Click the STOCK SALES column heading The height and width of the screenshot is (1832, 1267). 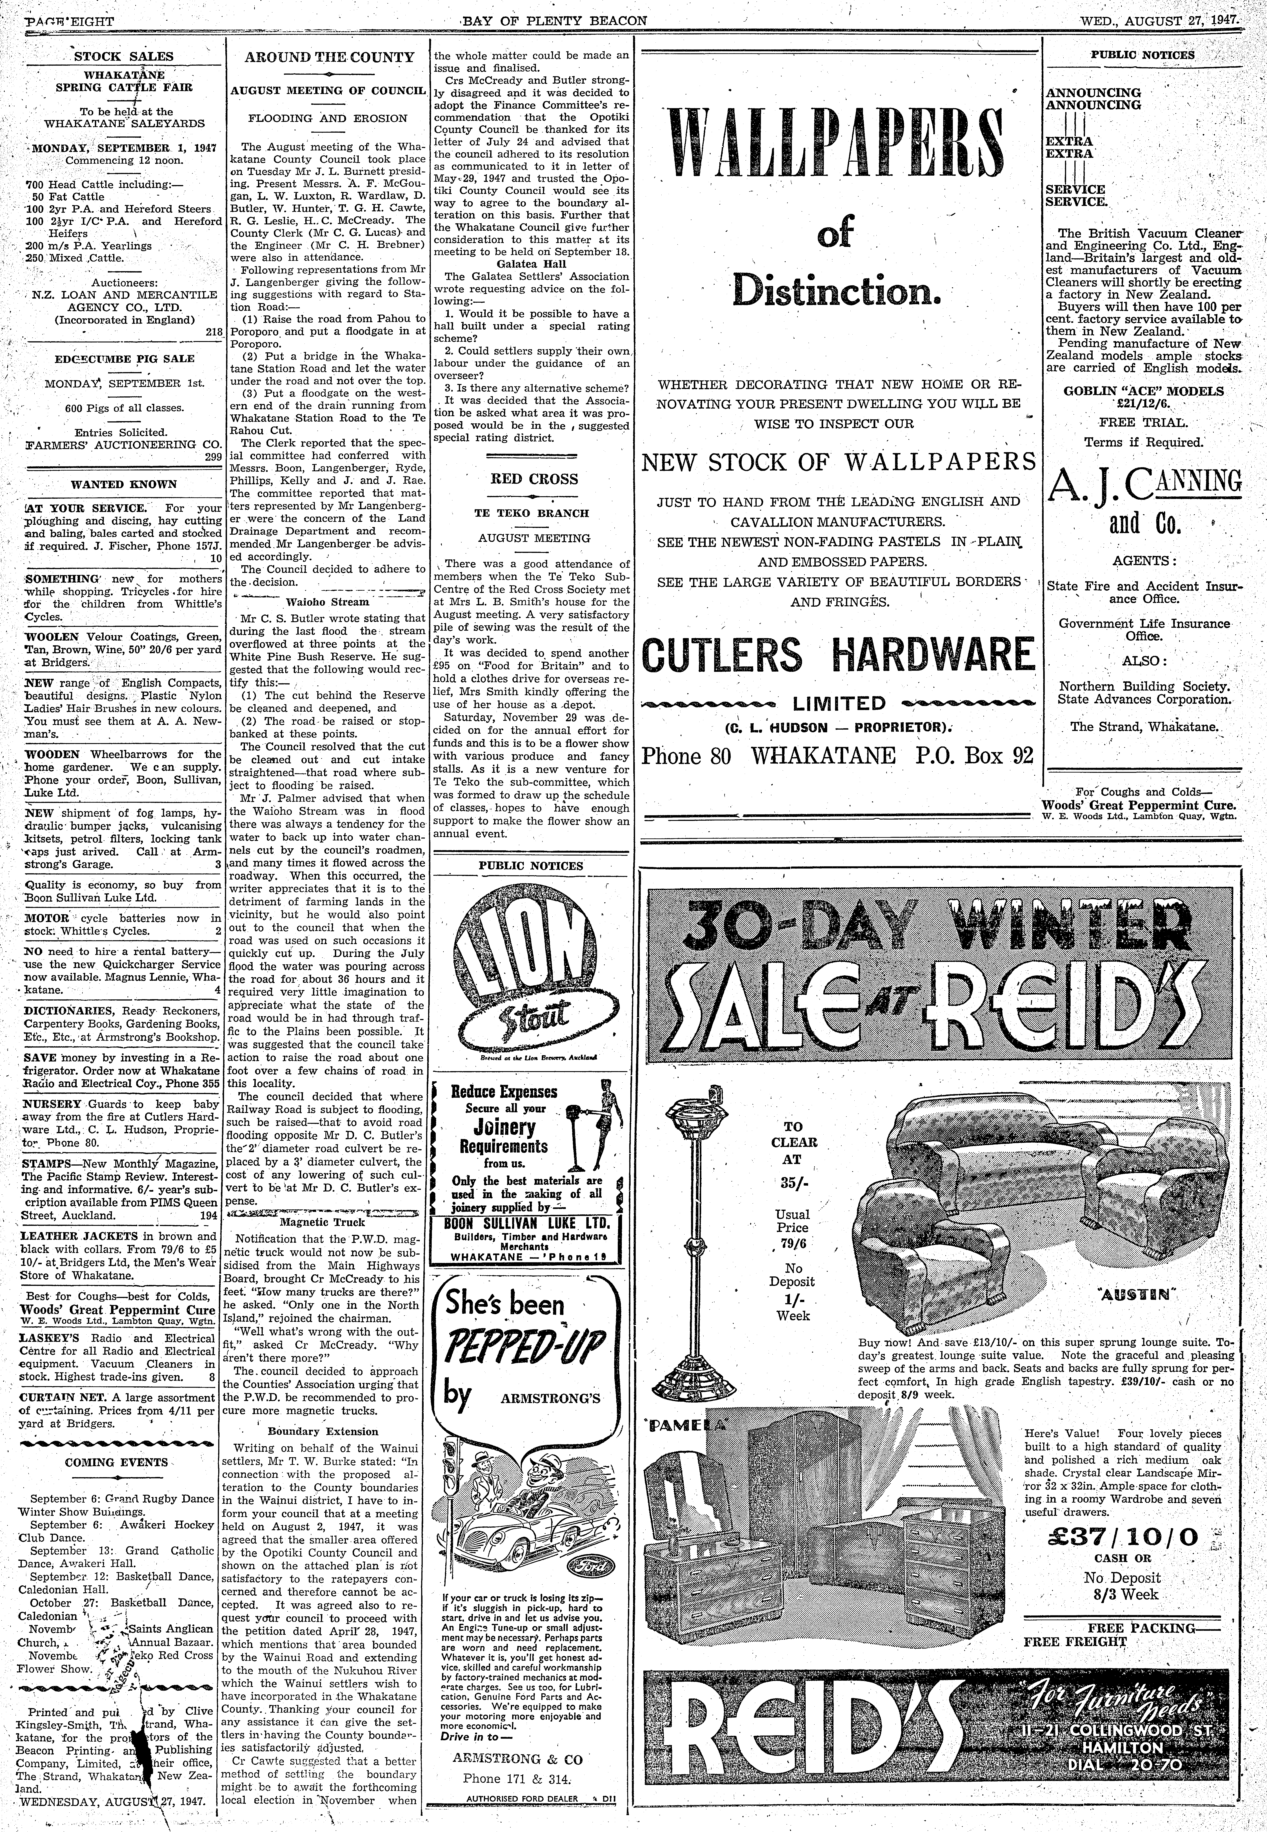click(x=123, y=56)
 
